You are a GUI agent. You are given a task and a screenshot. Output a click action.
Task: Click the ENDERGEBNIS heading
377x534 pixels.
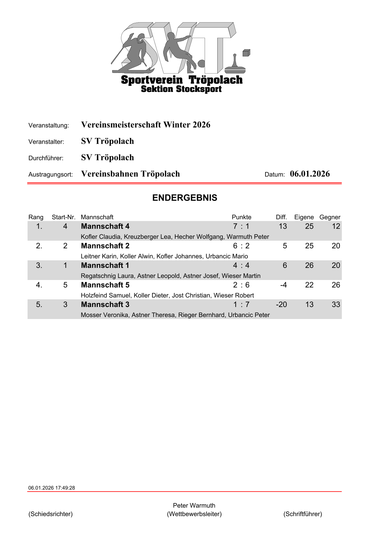click(185, 198)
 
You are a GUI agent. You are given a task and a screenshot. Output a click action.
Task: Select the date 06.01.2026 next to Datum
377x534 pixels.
click(310, 174)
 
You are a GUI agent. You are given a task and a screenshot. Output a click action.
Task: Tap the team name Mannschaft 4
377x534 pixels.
click(105, 226)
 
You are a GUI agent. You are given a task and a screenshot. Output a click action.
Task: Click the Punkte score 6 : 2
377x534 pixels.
click(241, 246)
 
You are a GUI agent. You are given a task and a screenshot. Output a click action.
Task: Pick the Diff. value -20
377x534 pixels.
click(281, 304)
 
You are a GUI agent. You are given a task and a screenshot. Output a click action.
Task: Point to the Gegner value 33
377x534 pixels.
click(336, 304)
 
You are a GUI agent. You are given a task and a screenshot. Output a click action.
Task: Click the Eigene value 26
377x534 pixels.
click(309, 265)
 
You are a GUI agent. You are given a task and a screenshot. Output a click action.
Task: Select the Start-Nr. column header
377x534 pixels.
click(64, 217)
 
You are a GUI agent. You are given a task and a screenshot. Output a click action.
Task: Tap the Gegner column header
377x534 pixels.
click(330, 217)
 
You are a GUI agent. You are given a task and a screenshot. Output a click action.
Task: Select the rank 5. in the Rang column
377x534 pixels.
click(39, 304)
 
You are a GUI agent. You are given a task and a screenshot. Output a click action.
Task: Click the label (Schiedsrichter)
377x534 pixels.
click(51, 514)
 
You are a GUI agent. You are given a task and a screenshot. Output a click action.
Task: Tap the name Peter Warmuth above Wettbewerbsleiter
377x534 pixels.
click(194, 505)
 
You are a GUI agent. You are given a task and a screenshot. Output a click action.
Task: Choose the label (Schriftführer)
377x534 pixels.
click(303, 514)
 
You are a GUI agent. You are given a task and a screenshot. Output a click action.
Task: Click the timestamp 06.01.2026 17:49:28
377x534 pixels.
click(52, 488)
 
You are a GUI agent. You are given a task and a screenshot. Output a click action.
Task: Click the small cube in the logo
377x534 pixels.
click(246, 53)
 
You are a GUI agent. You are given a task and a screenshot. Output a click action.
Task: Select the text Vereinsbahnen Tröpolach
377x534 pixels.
click(131, 174)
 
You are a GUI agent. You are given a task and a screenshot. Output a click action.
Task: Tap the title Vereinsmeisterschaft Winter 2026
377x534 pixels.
click(146, 125)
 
